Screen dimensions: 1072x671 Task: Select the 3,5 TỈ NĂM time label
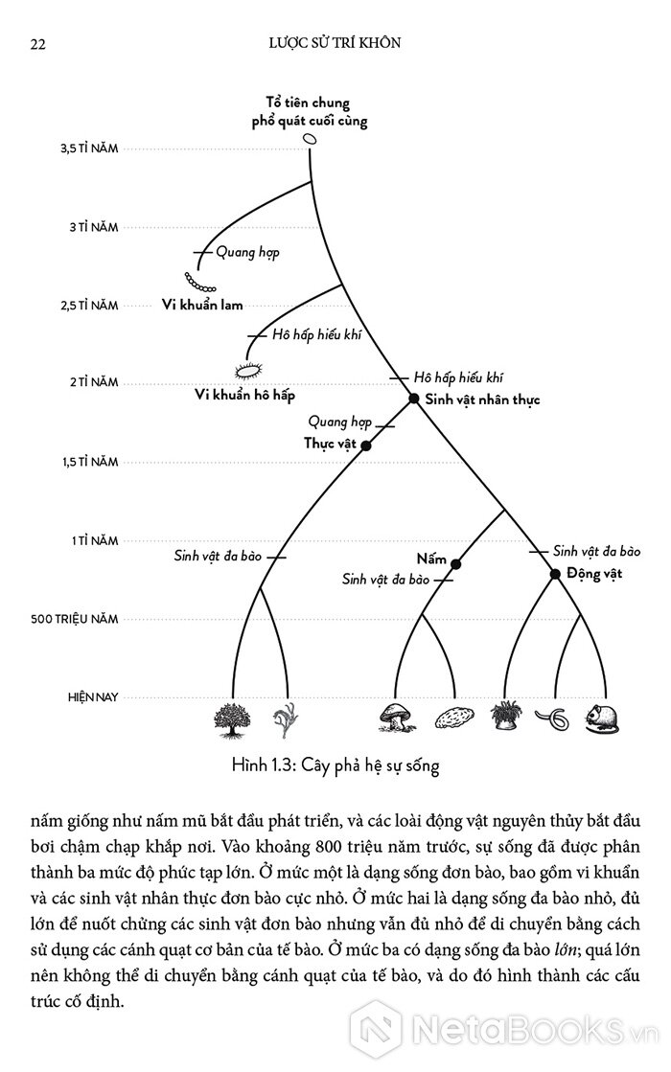click(x=89, y=149)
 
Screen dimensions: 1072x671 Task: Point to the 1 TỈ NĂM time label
click(x=94, y=540)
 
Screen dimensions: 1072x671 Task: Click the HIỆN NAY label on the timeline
click(x=93, y=696)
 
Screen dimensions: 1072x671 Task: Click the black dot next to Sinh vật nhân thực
click(x=414, y=399)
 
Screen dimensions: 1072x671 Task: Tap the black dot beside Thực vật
click(x=365, y=445)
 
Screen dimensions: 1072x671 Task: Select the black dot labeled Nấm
click(x=455, y=564)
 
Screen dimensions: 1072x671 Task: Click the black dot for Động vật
click(x=554, y=574)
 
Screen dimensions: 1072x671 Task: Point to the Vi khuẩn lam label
click(x=203, y=306)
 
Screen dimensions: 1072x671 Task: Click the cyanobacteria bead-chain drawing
click(x=200, y=283)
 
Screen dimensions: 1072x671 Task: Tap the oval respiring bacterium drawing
click(x=248, y=370)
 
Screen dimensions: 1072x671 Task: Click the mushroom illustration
click(x=393, y=718)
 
